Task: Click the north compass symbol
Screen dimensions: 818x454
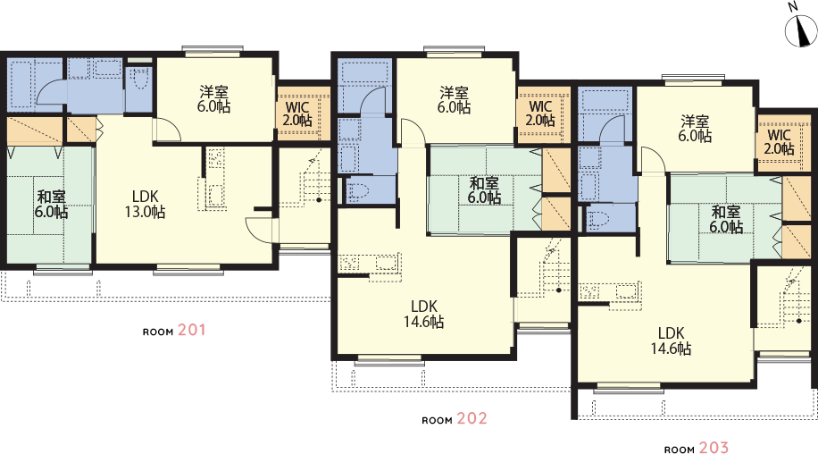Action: (x=801, y=29)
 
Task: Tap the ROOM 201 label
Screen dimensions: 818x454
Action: (x=174, y=331)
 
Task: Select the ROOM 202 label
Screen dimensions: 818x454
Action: (x=455, y=419)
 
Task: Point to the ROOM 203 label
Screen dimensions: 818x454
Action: (x=697, y=449)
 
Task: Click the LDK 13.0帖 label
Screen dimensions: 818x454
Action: (x=145, y=204)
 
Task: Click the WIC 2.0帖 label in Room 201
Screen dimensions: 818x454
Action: (x=297, y=113)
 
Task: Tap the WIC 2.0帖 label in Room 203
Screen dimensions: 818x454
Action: (x=780, y=142)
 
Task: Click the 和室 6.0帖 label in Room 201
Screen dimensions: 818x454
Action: (x=51, y=205)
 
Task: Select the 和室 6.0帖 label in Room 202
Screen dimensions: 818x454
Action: (x=484, y=190)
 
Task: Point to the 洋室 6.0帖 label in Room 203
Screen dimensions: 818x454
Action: (x=695, y=129)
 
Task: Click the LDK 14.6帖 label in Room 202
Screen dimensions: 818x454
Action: (x=423, y=315)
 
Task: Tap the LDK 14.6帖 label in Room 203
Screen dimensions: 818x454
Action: (x=671, y=340)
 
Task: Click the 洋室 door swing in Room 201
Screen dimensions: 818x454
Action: (x=169, y=129)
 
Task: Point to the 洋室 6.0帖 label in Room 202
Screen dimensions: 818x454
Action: (x=454, y=100)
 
